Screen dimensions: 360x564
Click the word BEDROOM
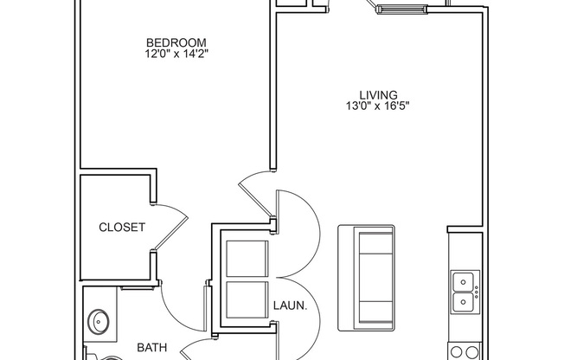click(176, 42)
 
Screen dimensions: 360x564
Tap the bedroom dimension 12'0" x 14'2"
click(176, 54)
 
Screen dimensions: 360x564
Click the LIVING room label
click(378, 95)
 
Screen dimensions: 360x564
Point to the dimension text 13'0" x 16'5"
click(378, 106)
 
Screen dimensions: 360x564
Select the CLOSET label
click(122, 228)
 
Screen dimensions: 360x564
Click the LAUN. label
click(286, 305)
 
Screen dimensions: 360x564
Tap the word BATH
click(152, 348)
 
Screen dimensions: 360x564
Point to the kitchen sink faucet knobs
click(474, 292)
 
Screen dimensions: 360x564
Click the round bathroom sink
click(99, 323)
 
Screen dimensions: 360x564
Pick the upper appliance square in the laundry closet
click(247, 259)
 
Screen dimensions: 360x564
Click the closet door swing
click(170, 227)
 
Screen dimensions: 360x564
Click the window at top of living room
click(400, 10)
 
